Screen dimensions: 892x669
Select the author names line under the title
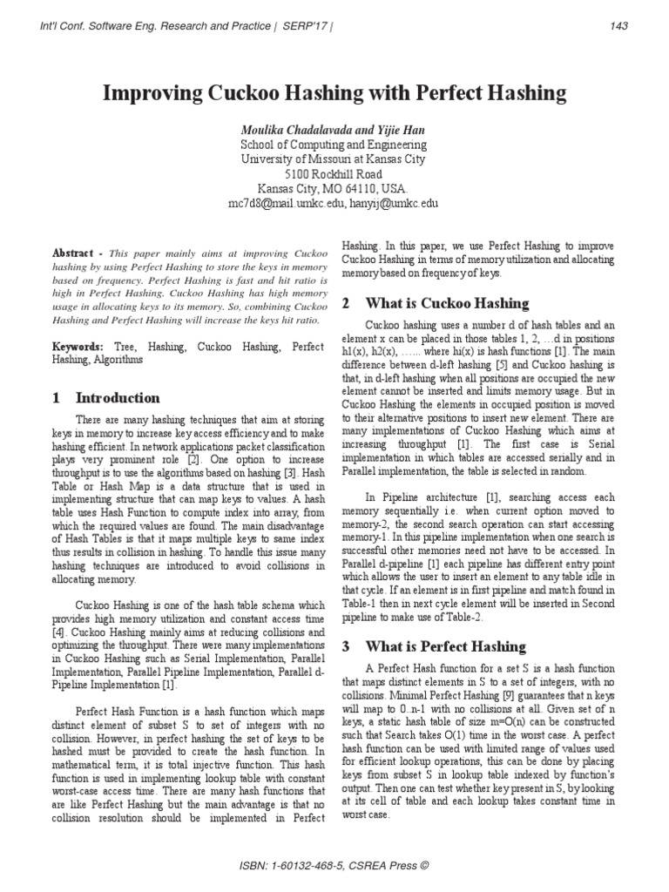point(334,128)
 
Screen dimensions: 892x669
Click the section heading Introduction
point(118,398)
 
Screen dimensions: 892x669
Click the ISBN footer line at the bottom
point(334,867)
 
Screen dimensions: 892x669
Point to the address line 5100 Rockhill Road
point(334,173)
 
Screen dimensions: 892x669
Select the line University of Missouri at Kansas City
point(334,159)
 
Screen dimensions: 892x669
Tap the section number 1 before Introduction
point(57,398)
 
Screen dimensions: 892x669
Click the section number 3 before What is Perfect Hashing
point(345,646)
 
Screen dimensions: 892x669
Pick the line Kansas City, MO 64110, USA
point(334,188)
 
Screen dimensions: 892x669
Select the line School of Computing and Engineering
point(334,144)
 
